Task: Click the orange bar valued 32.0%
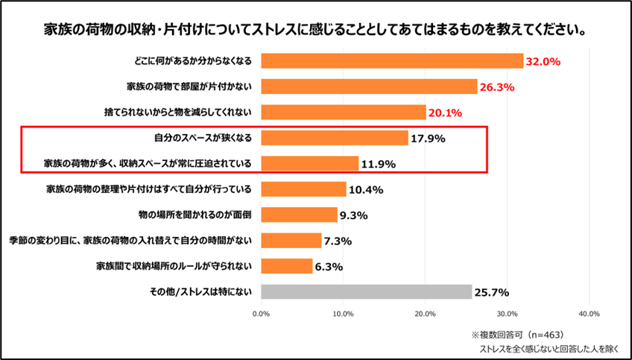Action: point(392,60)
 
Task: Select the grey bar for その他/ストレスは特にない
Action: point(366,291)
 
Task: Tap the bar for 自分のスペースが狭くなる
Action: point(335,138)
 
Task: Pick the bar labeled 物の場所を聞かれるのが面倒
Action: point(299,215)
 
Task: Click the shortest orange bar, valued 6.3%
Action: point(286,265)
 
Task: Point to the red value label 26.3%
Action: point(497,87)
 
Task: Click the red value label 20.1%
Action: point(444,113)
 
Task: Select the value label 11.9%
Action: point(377,164)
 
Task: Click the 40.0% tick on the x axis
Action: point(589,314)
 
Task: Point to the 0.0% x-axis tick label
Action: point(261,314)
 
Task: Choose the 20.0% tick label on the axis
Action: point(425,314)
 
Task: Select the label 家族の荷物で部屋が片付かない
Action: point(189,86)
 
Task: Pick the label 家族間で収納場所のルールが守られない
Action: point(176,265)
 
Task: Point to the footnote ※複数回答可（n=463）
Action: point(516,334)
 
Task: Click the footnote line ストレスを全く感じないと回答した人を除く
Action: point(549,348)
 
